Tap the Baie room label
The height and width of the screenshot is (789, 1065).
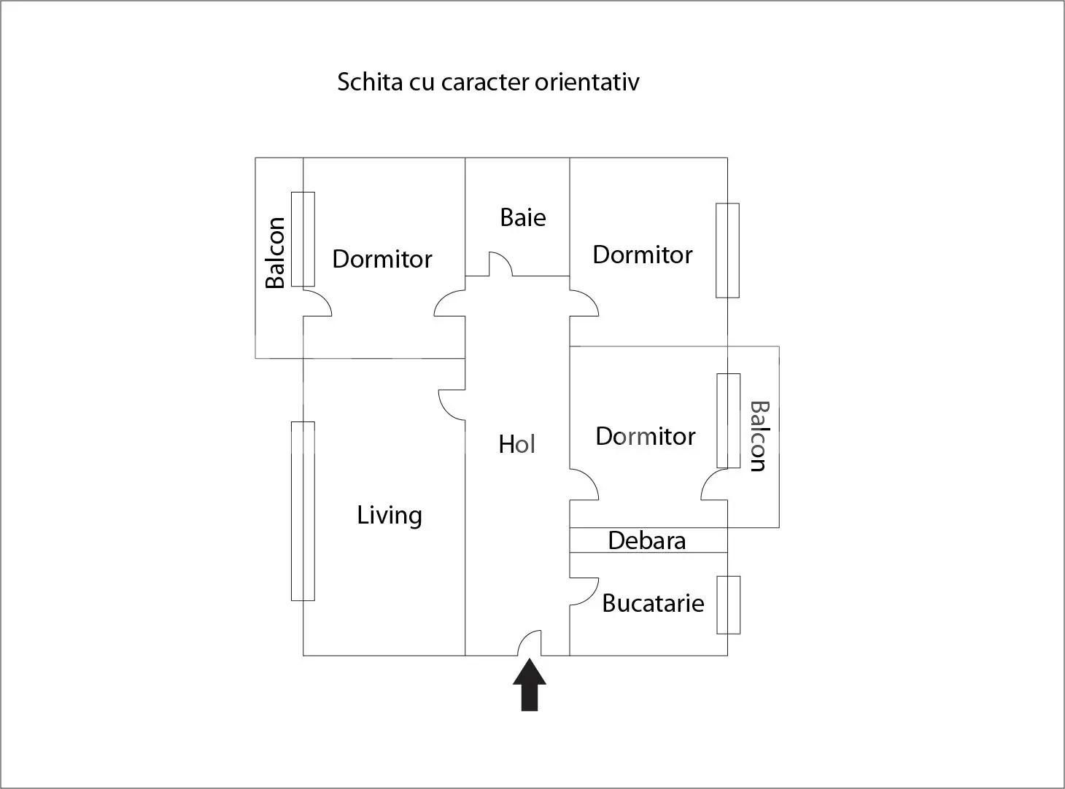tap(523, 217)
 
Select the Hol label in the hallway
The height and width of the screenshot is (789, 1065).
tap(516, 444)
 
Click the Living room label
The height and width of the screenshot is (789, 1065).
tap(390, 516)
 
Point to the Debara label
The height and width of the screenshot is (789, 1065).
tap(647, 541)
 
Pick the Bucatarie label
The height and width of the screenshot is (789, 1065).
tap(653, 603)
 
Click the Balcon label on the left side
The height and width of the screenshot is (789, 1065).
tap(276, 252)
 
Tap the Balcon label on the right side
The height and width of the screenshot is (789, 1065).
tap(760, 436)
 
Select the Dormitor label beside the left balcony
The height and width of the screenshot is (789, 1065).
tap(382, 260)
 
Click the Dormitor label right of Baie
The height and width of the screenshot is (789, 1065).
tap(643, 255)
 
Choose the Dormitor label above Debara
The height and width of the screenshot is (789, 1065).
tap(646, 437)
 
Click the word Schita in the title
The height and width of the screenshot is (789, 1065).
tap(370, 82)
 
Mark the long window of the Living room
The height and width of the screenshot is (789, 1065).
tap(303, 511)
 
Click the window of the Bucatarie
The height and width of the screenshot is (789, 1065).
tap(729, 605)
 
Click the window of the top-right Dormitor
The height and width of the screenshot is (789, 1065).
tap(727, 251)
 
